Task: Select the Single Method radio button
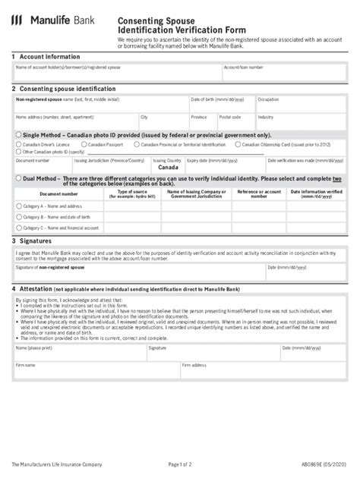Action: click(18, 134)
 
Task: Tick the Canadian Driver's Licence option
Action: click(19, 143)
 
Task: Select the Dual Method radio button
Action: click(18, 178)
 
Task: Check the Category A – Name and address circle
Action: click(19, 206)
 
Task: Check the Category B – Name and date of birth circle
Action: click(19, 216)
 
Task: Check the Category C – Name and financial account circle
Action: click(19, 227)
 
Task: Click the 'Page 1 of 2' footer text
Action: click(185, 463)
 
